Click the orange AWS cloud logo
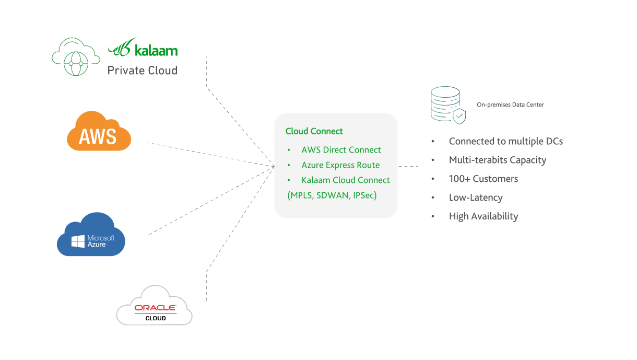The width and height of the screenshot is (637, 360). [99, 131]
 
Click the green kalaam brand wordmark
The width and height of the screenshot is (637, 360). [143, 49]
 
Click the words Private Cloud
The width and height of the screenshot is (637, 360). [142, 71]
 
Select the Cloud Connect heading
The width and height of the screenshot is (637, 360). [314, 131]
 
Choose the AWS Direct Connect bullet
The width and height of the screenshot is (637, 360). [341, 150]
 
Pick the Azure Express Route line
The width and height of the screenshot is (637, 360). [340, 165]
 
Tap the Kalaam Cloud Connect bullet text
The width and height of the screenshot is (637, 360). [346, 180]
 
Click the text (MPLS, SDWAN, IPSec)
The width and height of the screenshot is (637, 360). [332, 195]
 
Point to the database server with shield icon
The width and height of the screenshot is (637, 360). [447, 104]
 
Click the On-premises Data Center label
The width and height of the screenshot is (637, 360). [510, 105]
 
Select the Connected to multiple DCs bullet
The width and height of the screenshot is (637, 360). [505, 142]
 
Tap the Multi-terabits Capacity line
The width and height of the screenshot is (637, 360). [497, 160]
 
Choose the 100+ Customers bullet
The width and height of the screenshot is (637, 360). [483, 179]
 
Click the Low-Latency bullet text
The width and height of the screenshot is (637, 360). [476, 198]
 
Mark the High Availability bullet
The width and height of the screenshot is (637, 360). [483, 217]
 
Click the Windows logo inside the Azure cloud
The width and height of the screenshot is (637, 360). [78, 241]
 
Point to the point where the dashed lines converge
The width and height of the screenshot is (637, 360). [273, 167]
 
